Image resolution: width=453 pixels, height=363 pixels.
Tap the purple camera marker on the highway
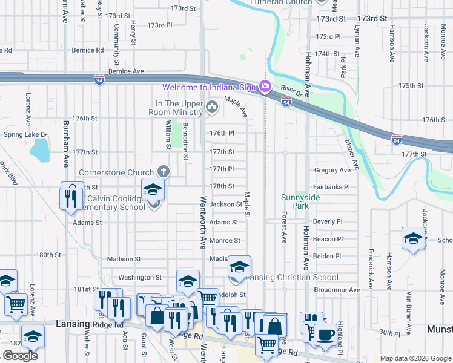point(265,87)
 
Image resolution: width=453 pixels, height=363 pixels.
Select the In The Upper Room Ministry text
point(177,108)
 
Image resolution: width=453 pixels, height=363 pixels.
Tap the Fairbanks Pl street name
point(331,187)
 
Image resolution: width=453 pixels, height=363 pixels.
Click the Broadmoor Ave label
point(337,290)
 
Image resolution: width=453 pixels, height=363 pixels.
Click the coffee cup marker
point(325,335)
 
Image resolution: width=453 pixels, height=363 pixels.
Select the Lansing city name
point(73,324)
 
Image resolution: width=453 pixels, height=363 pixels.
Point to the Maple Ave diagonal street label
point(236,106)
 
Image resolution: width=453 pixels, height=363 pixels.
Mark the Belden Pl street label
point(327,256)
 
